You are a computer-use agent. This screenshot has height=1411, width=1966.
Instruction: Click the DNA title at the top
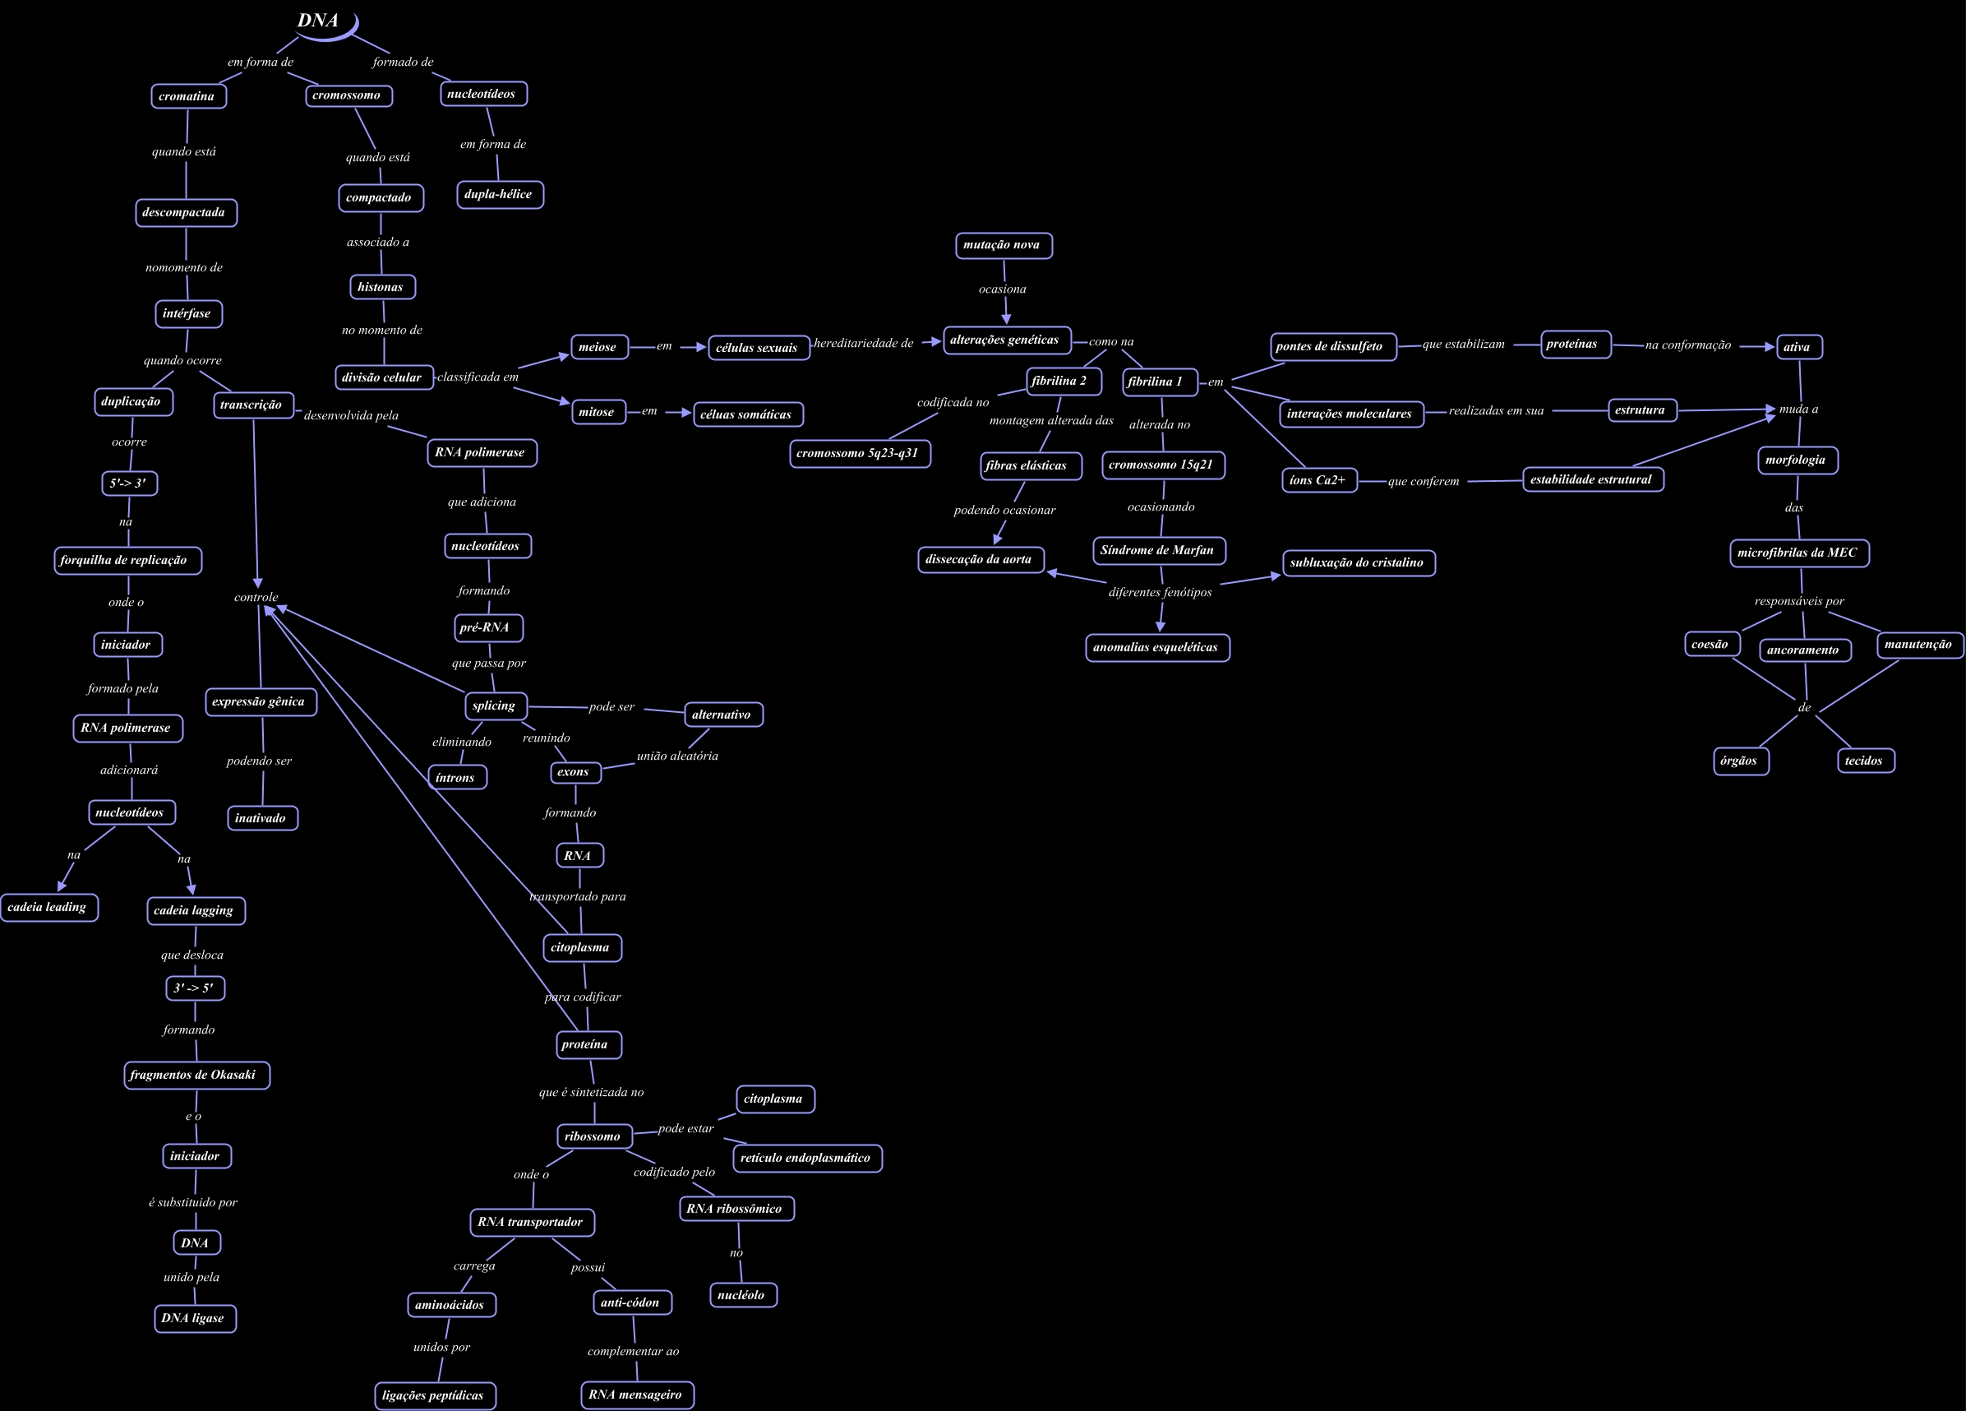point(318,21)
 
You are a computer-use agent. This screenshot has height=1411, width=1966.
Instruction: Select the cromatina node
point(188,96)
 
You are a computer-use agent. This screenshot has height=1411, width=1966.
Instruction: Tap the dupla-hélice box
point(499,194)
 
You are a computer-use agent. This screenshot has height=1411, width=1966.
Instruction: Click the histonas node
point(381,287)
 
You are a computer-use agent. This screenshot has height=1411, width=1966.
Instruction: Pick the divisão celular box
point(383,377)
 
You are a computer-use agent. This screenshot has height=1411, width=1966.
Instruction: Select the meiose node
point(598,347)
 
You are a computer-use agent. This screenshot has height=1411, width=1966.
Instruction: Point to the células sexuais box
point(758,348)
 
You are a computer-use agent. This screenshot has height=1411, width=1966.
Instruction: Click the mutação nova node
point(1003,245)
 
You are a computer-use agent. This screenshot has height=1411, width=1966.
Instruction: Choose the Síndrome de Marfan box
point(1158,550)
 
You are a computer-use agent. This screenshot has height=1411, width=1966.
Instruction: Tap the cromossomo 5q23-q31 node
point(859,454)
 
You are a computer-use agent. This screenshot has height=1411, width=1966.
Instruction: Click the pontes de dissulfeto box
point(1331,346)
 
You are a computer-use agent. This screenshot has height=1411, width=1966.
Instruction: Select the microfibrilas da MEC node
point(1798,553)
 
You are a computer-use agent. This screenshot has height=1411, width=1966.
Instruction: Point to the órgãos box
point(1740,761)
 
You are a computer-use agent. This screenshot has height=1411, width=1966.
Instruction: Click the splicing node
point(495,706)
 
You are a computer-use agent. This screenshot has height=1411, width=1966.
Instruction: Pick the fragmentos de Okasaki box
point(195,1075)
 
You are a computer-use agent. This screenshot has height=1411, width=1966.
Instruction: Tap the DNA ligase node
point(194,1318)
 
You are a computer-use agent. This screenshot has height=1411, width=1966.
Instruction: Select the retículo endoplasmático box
point(806,1158)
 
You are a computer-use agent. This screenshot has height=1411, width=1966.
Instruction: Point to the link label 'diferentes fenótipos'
point(1160,592)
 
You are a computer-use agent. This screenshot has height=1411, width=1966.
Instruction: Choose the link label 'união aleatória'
point(677,756)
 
